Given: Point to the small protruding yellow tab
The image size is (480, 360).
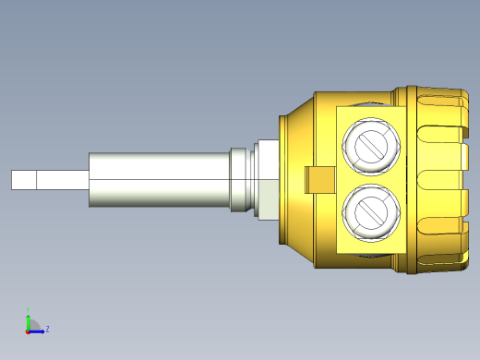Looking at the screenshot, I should [x=317, y=180].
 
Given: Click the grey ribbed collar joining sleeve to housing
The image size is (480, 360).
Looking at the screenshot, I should [x=241, y=180].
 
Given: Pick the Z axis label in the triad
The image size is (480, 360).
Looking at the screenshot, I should [x=47, y=328].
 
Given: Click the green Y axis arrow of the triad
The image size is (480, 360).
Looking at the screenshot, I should [x=28, y=318].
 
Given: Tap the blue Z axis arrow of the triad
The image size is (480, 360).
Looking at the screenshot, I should [x=38, y=330].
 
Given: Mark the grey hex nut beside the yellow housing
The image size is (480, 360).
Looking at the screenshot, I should [x=266, y=180].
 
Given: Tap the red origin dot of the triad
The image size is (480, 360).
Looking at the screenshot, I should [x=28, y=330].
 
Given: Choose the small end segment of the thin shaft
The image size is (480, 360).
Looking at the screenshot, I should [x=22, y=180].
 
